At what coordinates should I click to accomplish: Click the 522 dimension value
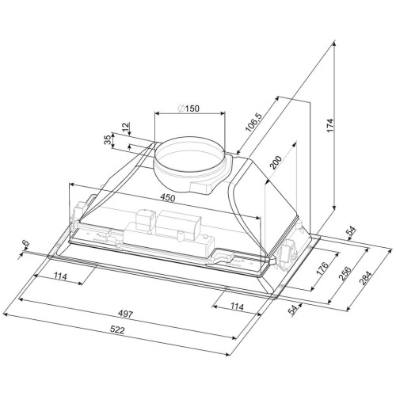(117, 330)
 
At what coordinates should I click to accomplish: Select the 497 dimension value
(125, 314)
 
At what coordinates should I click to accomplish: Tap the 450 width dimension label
(167, 197)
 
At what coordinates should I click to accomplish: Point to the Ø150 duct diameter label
(188, 109)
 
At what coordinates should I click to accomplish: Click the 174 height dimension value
(331, 126)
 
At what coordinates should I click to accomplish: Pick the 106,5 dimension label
(253, 122)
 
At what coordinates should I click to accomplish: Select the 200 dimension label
(276, 162)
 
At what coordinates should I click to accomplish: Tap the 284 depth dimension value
(366, 278)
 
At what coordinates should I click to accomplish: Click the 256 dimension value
(345, 273)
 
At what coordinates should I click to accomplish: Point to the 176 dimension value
(322, 268)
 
